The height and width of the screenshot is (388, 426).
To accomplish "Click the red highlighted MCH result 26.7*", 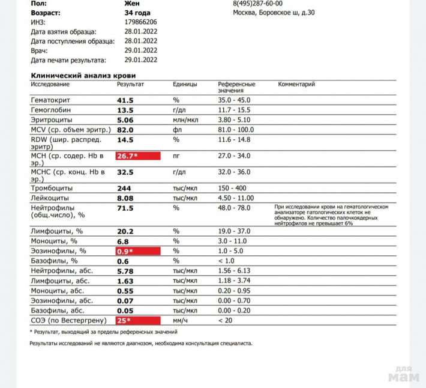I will [x=138, y=156].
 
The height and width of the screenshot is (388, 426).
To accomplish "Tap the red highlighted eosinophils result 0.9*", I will [x=138, y=250].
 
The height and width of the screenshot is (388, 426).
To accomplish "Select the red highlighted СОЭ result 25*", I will [x=138, y=321].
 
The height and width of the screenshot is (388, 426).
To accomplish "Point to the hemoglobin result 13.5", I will [x=125, y=111].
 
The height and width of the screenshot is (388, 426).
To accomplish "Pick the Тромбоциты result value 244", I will [x=125, y=188].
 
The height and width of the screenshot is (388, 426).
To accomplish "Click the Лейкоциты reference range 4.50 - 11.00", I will [x=236, y=198].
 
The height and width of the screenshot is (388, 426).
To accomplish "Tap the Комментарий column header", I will [x=296, y=85].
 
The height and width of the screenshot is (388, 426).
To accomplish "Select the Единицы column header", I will [x=185, y=85].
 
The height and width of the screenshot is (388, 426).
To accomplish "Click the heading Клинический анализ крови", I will [x=83, y=76].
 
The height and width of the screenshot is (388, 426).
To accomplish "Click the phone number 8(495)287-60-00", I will [x=257, y=3].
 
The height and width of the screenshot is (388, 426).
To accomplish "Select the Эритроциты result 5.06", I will [x=125, y=120].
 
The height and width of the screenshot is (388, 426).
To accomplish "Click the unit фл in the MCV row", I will [x=177, y=130].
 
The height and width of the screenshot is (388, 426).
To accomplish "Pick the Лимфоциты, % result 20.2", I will [x=125, y=231].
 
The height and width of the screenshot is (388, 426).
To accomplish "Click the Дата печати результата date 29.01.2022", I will [x=141, y=60].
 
